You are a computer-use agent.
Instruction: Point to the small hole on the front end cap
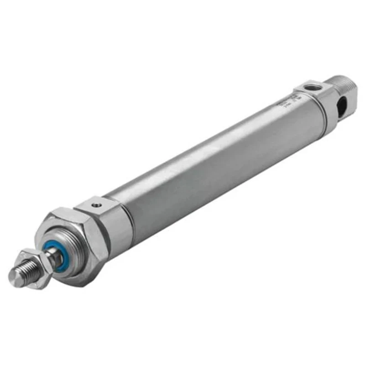[x=96, y=205]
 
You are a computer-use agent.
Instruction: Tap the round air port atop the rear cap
[x=311, y=87]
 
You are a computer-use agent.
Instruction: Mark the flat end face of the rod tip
[x=14, y=277]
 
